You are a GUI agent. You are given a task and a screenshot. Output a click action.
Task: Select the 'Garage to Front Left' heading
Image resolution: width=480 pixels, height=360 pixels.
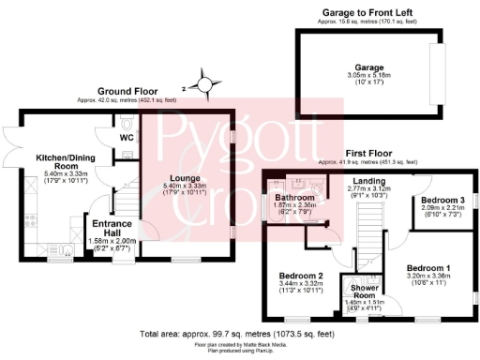(366, 11)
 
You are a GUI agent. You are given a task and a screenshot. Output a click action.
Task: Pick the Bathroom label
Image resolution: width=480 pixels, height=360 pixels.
(295, 198)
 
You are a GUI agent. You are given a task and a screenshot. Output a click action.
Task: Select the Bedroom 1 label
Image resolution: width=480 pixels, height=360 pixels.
(427, 268)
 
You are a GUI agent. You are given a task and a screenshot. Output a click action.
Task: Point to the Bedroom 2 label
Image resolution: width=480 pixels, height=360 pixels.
(301, 275)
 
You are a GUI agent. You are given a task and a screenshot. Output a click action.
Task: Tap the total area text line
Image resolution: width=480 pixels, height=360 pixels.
(239, 334)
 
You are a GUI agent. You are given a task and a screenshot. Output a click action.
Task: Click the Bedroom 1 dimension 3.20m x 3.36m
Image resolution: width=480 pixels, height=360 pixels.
(427, 277)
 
